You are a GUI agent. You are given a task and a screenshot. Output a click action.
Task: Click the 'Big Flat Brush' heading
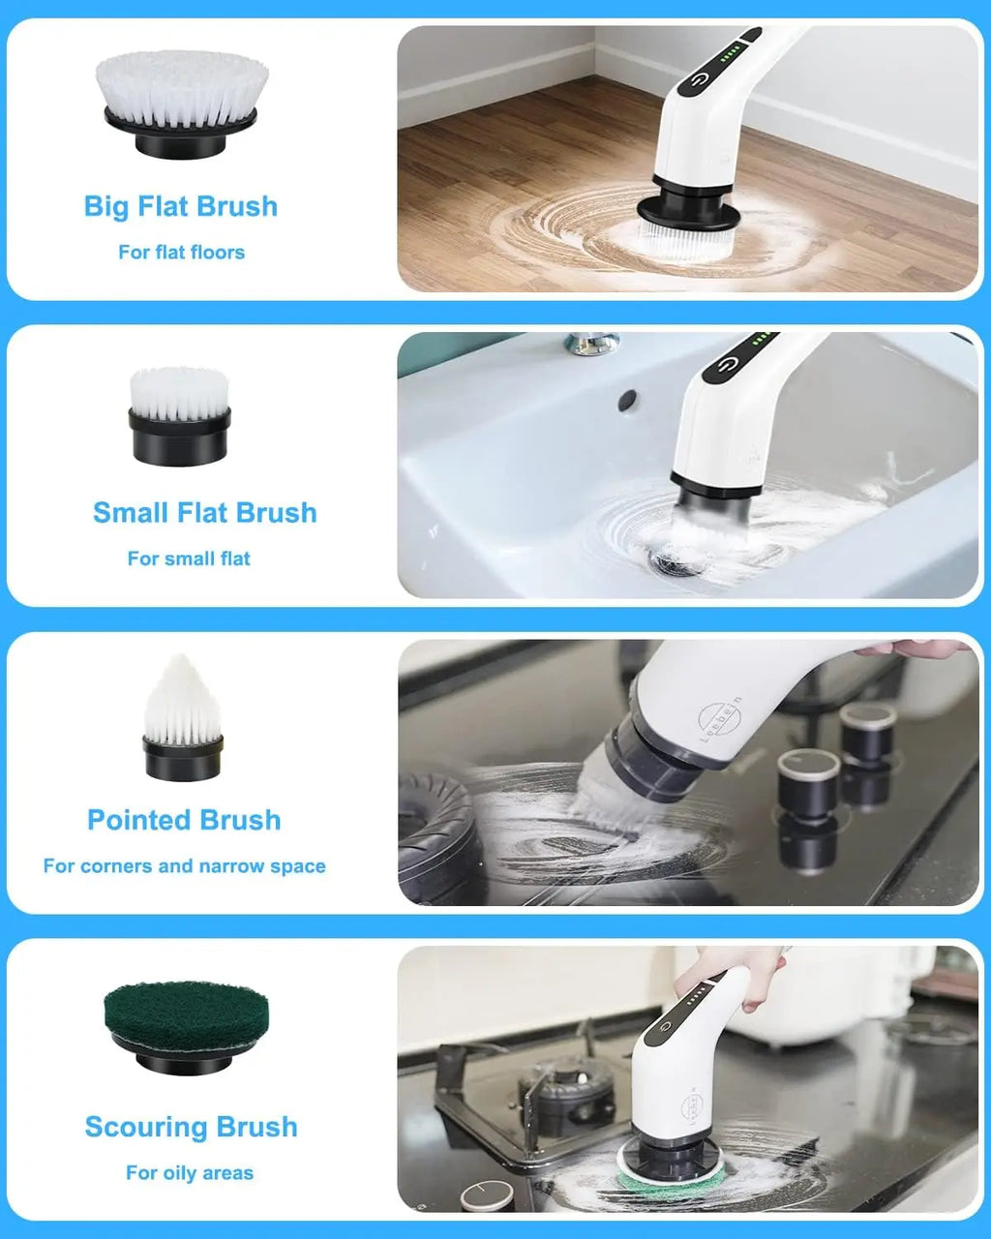point(181,206)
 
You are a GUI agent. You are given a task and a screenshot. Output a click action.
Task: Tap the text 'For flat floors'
point(181,253)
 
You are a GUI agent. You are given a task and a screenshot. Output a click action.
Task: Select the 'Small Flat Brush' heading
point(204,513)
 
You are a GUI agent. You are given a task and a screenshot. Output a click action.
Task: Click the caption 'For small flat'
point(189,559)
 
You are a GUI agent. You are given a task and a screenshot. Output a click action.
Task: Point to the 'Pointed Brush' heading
point(184,820)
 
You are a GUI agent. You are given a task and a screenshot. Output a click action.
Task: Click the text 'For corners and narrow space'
point(184,866)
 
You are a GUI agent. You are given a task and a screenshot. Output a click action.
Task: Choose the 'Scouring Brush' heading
point(191,1127)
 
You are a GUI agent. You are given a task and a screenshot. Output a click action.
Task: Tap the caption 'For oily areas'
point(190,1173)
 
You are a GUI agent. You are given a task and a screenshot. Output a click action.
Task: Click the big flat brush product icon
point(182,103)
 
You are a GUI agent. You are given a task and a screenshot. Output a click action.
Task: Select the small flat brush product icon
point(180,416)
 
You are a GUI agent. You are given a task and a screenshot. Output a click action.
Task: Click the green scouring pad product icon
point(185,1026)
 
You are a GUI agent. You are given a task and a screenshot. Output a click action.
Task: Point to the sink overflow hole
point(627,398)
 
